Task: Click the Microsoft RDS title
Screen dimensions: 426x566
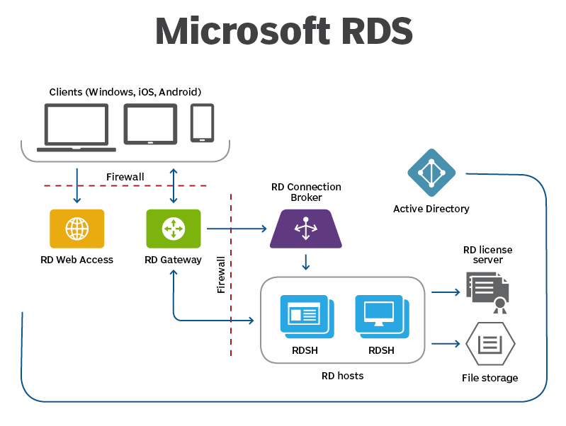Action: pyautogui.click(x=283, y=31)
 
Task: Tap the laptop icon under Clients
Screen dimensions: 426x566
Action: pyautogui.click(x=77, y=127)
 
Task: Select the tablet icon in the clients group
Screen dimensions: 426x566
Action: pyautogui.click(x=150, y=125)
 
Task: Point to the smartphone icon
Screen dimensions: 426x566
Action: pyautogui.click(x=202, y=122)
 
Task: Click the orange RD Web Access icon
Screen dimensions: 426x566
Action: pyautogui.click(x=77, y=229)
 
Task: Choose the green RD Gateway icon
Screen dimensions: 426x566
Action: pyautogui.click(x=173, y=229)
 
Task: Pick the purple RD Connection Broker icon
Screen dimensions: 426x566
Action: pyautogui.click(x=306, y=229)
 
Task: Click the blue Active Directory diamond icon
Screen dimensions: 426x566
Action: pyautogui.click(x=431, y=173)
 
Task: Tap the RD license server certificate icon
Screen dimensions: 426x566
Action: pyautogui.click(x=488, y=290)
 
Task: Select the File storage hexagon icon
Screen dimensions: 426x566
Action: pyautogui.click(x=490, y=345)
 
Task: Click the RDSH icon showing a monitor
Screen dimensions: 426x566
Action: pyautogui.click(x=381, y=315)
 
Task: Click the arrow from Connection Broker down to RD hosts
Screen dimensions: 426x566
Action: pyautogui.click(x=306, y=262)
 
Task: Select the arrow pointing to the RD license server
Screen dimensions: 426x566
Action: pyautogui.click(x=446, y=292)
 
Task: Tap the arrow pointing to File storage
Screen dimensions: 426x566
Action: pyautogui.click(x=446, y=344)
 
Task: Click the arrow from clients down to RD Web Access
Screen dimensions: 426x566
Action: pyautogui.click(x=77, y=185)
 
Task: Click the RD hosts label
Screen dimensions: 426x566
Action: pyautogui.click(x=342, y=376)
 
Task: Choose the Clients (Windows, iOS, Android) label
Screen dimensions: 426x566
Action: pyautogui.click(x=125, y=92)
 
